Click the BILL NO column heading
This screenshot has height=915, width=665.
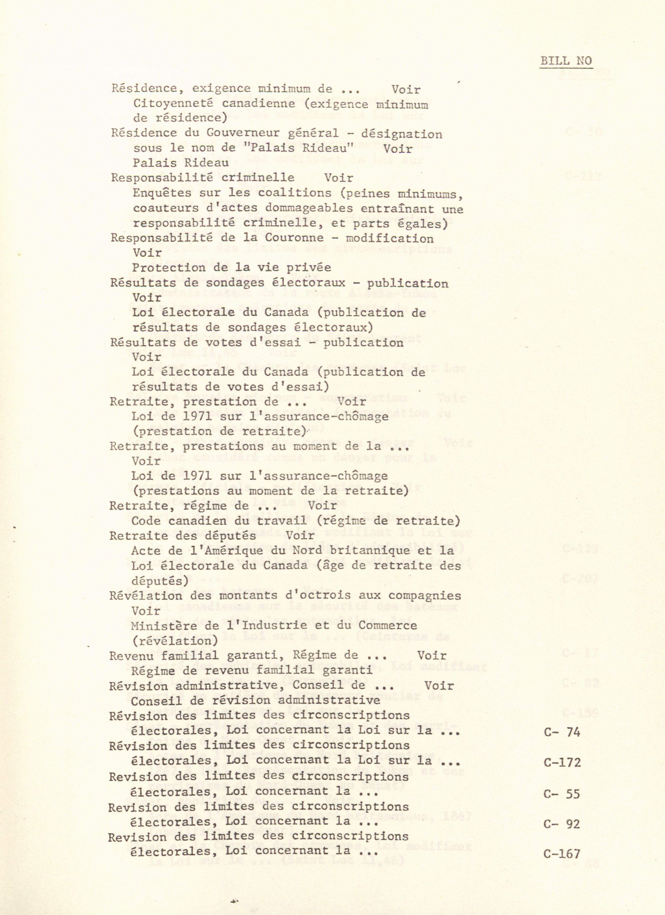pyautogui.click(x=566, y=61)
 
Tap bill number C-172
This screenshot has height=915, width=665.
pyautogui.click(x=562, y=762)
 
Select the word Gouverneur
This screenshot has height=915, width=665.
pyautogui.click(x=246, y=133)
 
